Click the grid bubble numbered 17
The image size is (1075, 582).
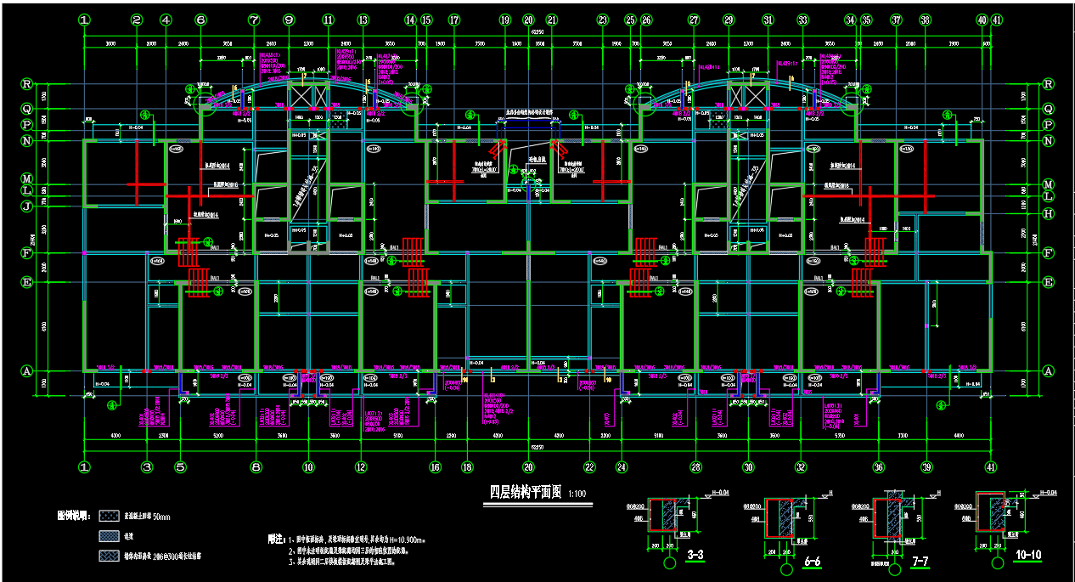(454, 20)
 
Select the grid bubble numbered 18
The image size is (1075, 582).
(466, 466)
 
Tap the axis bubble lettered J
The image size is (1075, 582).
(26, 205)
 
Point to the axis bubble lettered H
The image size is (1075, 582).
(1048, 213)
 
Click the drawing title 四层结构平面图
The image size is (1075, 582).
(526, 492)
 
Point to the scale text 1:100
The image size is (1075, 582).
(577, 494)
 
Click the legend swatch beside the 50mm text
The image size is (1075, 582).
(110, 516)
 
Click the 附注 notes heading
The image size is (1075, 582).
(273, 539)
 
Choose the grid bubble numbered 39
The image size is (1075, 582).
(926, 466)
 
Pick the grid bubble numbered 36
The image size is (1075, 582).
(879, 466)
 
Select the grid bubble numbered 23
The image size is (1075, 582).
(603, 20)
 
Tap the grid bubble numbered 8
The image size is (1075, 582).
(256, 466)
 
